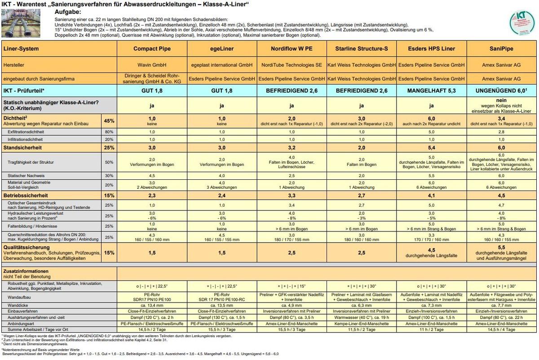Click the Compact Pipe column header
tap(152, 49)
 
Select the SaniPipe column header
tap(502, 49)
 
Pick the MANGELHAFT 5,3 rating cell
tap(432, 90)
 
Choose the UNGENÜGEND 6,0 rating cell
tap(502, 90)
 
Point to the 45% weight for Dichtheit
tap(109, 121)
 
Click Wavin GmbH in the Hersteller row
tap(152, 65)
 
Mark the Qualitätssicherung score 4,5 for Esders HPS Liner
tap(432, 250)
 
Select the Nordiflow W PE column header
tap(292, 49)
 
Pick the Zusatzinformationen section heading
tap(25, 271)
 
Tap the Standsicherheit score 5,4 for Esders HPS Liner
tap(432, 147)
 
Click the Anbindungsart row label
tap(22, 324)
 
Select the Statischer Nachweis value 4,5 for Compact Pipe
tap(152, 175)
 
